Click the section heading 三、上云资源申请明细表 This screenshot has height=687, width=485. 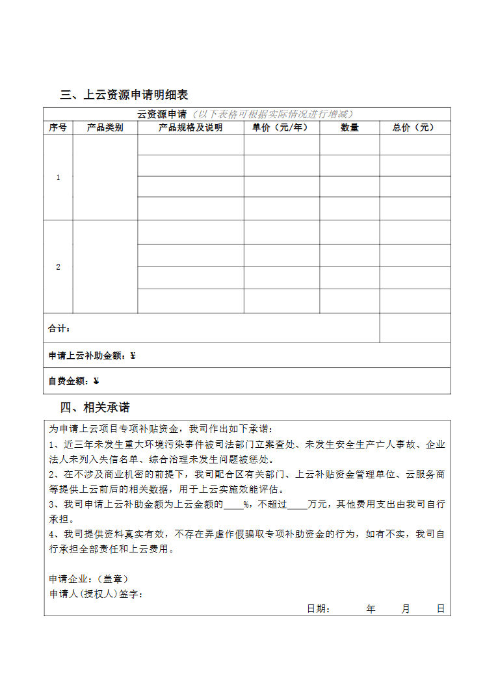point(124,95)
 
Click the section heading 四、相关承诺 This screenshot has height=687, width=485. point(95,408)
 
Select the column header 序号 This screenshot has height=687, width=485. point(58,128)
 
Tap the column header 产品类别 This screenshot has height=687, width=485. point(105,128)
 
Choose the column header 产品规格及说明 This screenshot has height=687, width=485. point(190,128)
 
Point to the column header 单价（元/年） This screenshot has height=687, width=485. point(281,128)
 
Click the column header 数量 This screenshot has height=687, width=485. point(349,128)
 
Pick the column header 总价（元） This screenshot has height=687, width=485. point(414,128)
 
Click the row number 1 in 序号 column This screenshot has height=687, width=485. point(58,177)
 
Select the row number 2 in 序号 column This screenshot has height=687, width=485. point(58,267)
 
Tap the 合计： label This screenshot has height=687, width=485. point(60,329)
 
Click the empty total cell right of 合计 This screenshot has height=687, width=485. point(415,328)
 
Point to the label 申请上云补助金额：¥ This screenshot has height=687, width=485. point(92,356)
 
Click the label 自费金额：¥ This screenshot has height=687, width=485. point(73,381)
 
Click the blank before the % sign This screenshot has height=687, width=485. point(233,504)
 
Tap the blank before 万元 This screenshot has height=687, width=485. point(296,504)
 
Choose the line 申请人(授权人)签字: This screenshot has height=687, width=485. point(96,594)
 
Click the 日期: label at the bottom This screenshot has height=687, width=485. point(319,609)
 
